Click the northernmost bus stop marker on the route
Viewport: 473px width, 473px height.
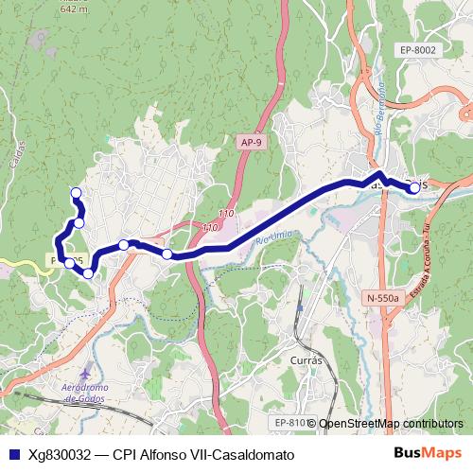76,194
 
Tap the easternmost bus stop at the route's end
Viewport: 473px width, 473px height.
414,188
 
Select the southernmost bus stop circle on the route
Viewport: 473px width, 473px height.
88,273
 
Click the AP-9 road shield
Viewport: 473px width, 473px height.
250,142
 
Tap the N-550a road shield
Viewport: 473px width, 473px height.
382,297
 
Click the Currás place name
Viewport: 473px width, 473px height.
308,359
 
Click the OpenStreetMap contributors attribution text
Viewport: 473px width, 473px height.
391,424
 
